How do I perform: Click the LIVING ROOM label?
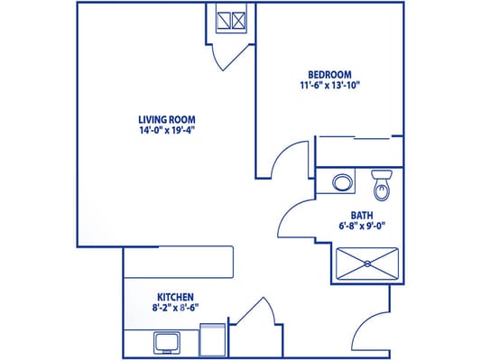pyautogui.click(x=167, y=119)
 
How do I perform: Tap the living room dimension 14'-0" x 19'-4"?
pyautogui.click(x=167, y=130)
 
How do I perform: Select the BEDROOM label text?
pyautogui.click(x=329, y=75)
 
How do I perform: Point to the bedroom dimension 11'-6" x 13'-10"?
pyautogui.click(x=330, y=86)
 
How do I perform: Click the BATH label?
pyautogui.click(x=362, y=216)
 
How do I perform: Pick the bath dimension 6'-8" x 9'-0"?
pyautogui.click(x=362, y=227)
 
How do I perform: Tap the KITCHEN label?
pyautogui.click(x=175, y=297)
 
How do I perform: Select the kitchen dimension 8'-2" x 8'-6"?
pyautogui.click(x=175, y=308)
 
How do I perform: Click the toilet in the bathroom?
pyautogui.click(x=381, y=186)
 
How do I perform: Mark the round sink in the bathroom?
pyautogui.click(x=342, y=181)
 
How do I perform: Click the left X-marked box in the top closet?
pyautogui.click(x=223, y=20)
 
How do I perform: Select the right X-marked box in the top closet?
pyautogui.click(x=239, y=20)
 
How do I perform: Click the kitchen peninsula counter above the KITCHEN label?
pyautogui.click(x=179, y=262)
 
